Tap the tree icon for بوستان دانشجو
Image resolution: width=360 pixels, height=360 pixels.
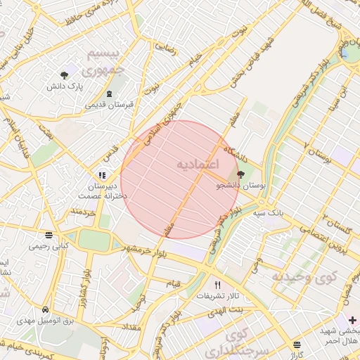coord(241,174)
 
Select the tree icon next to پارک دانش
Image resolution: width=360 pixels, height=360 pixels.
coord(65,74)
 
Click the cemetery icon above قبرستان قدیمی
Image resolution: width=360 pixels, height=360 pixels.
coord(108,94)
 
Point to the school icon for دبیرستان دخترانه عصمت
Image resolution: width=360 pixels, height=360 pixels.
coord(103,175)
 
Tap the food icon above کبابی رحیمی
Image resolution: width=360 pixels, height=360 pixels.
coord(48,236)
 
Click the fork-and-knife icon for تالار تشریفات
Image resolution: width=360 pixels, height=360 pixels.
coord(217,285)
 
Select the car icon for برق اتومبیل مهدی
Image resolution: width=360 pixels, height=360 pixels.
coord(46,309)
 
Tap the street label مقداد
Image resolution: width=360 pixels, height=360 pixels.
coord(131,327)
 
